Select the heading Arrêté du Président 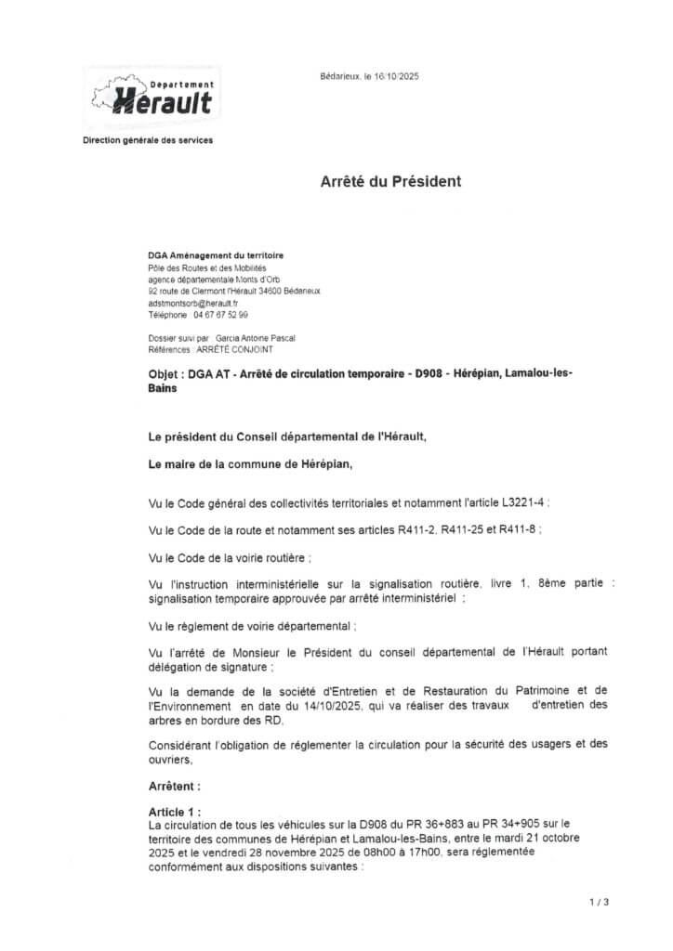[x=390, y=182]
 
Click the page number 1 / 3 [x=599, y=902]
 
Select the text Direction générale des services [x=148, y=140]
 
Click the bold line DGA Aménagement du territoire [x=217, y=254]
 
